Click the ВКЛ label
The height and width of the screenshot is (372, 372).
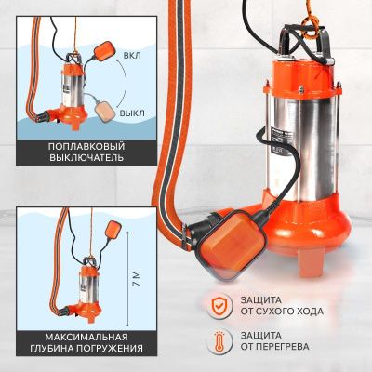click(132, 56)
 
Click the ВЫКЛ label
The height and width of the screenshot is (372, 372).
click(132, 113)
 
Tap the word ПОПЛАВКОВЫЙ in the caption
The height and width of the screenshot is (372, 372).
click(86, 146)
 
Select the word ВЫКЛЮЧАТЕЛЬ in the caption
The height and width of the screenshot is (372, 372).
click(86, 157)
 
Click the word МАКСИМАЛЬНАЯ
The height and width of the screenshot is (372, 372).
click(86, 337)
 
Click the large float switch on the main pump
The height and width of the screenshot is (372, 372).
click(232, 244)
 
